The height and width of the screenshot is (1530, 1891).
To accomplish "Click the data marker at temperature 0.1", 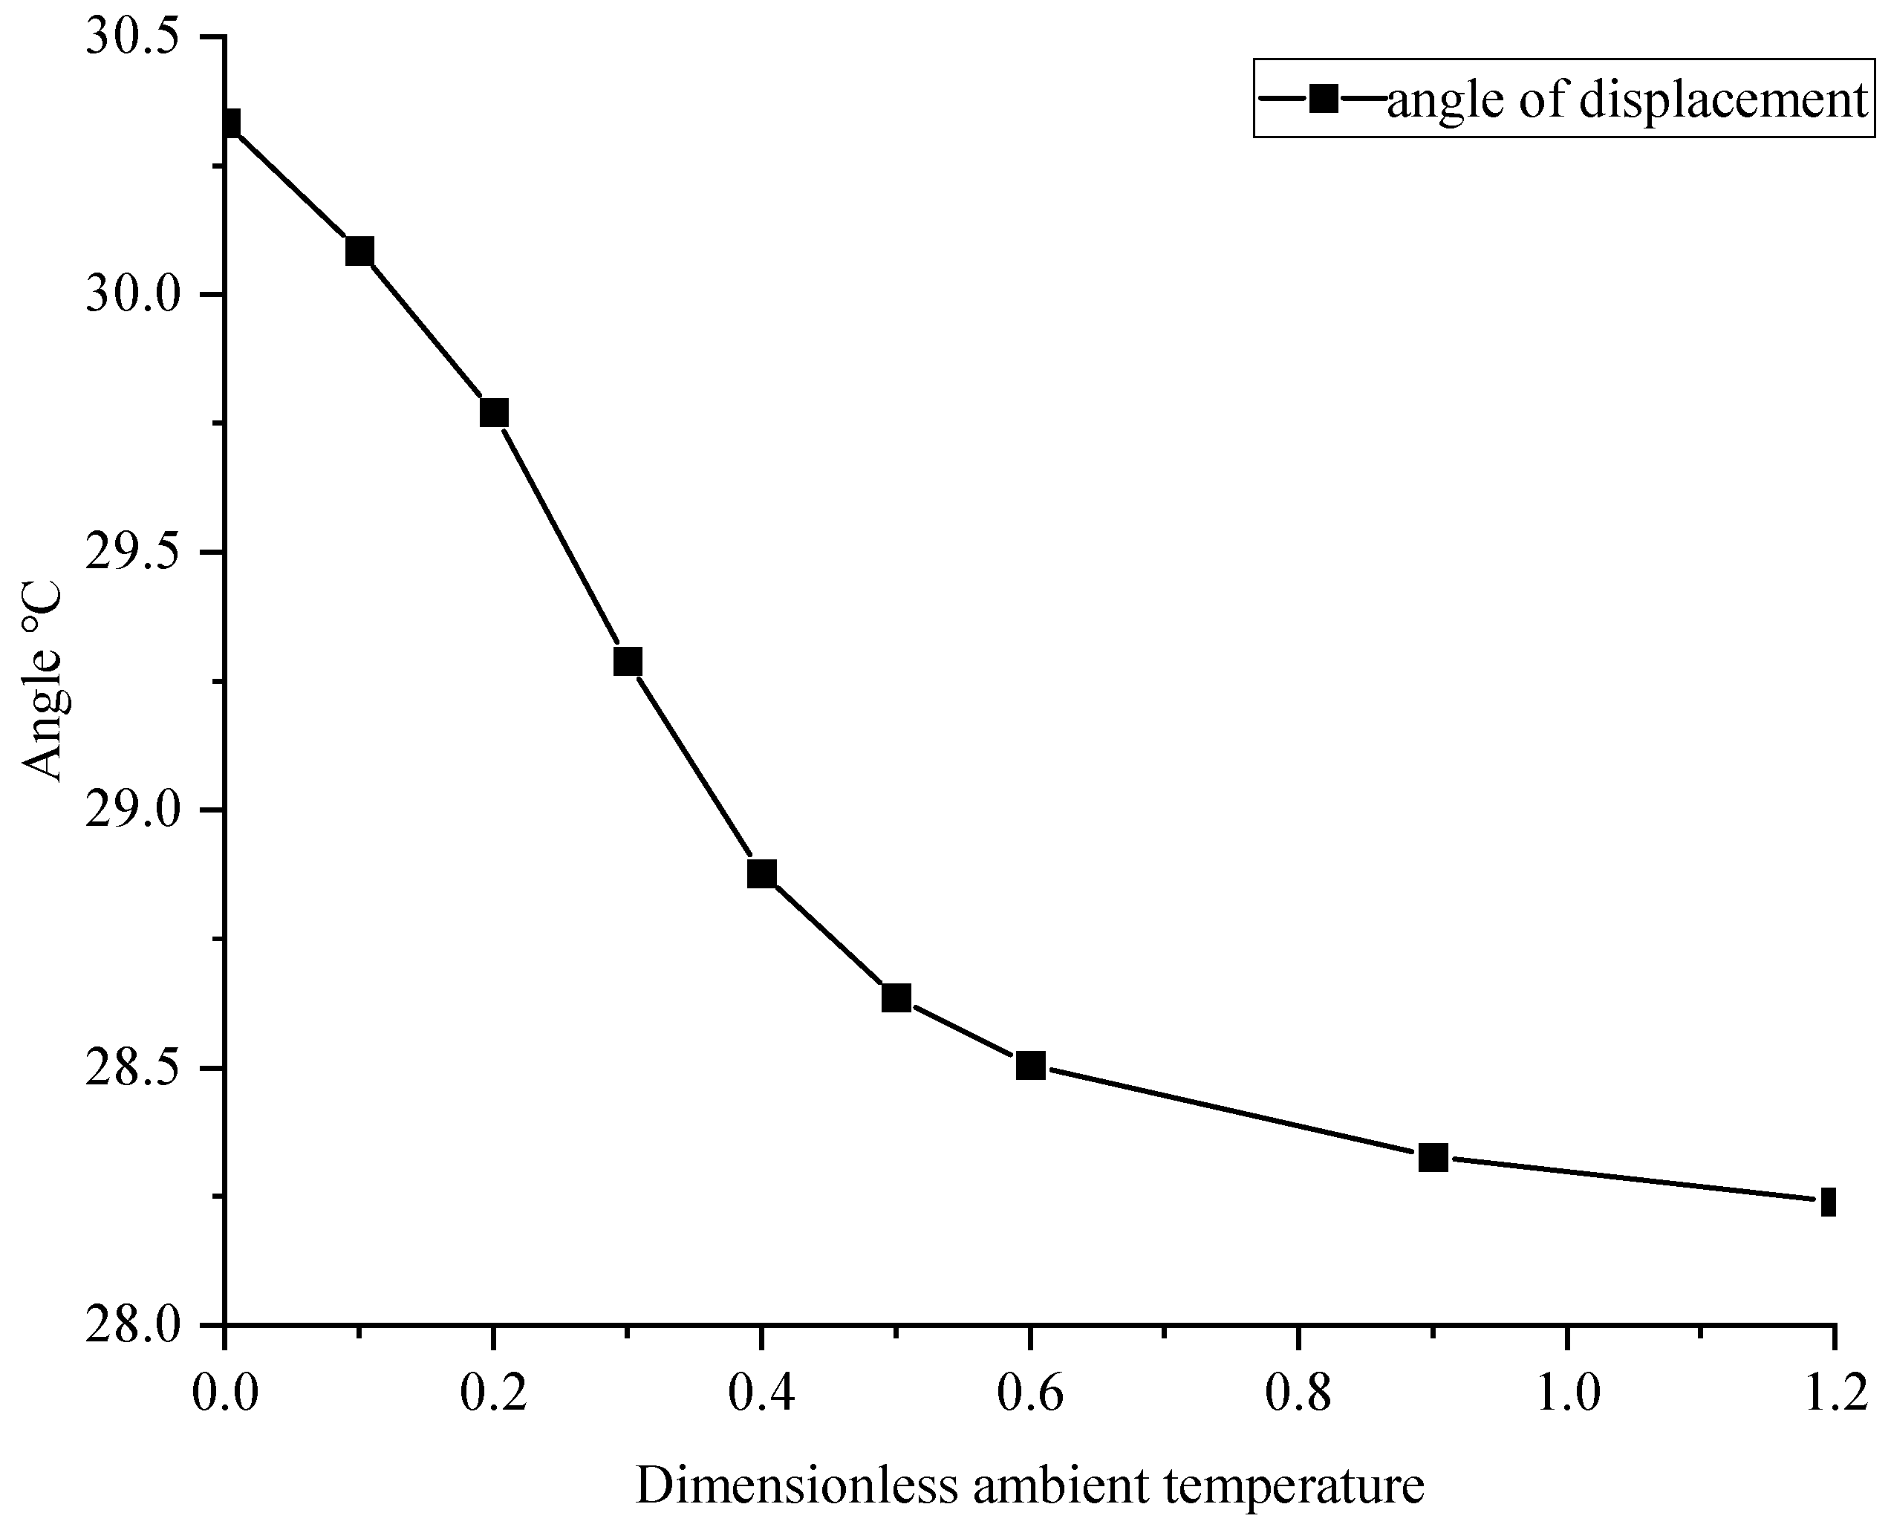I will (x=359, y=252).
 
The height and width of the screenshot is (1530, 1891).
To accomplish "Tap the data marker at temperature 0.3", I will (x=628, y=661).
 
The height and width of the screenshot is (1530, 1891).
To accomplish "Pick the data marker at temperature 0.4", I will (x=761, y=873).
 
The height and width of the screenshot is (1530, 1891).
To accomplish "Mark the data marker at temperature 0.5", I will (x=896, y=997).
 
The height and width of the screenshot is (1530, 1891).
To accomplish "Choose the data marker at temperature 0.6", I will (x=1030, y=1066).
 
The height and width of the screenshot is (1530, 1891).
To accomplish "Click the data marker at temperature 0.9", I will (x=1433, y=1157).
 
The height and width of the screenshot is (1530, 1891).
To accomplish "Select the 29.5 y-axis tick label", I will (x=141, y=553).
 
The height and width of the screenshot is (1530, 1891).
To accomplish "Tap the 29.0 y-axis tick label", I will (x=141, y=810).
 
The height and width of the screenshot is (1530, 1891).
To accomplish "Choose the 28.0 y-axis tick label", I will (x=141, y=1325).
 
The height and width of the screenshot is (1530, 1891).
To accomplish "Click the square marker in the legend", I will (x=1323, y=98).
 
